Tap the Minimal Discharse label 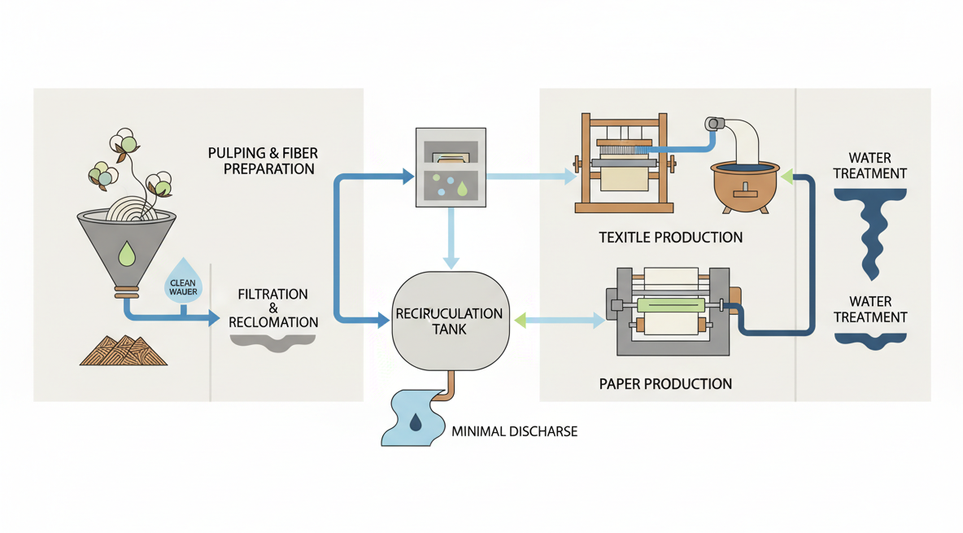click(x=514, y=430)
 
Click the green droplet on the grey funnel click(x=126, y=256)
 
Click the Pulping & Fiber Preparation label click(x=261, y=161)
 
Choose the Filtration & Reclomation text click(x=273, y=308)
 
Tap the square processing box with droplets click(x=451, y=166)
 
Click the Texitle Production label click(x=671, y=238)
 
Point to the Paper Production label click(x=665, y=383)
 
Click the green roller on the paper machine click(x=671, y=305)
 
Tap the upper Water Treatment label click(x=870, y=165)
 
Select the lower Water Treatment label click(x=870, y=309)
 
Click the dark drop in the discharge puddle click(x=416, y=422)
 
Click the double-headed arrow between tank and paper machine click(x=559, y=321)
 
